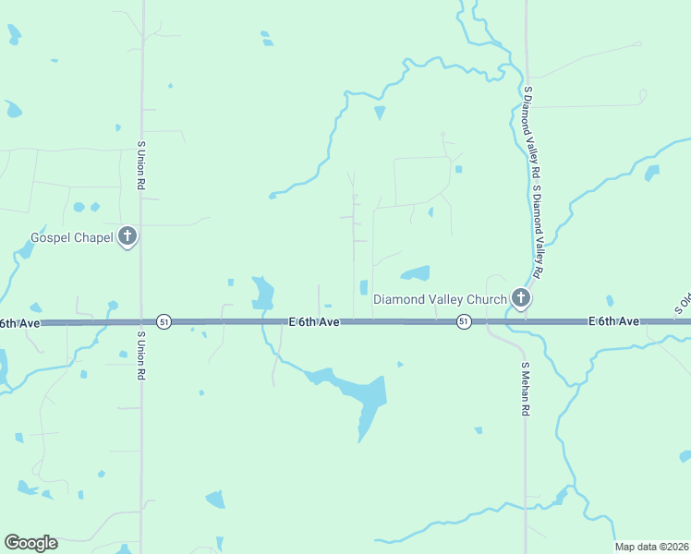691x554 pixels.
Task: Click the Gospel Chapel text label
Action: click(x=72, y=237)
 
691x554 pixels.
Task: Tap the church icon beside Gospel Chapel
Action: click(x=127, y=237)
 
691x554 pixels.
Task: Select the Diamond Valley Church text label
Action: click(x=440, y=299)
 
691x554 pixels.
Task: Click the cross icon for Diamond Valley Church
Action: click(x=521, y=298)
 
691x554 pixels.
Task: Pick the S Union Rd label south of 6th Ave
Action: click(x=141, y=357)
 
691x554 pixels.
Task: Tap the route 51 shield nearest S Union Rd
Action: click(x=164, y=321)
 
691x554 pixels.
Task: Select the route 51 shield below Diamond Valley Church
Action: click(x=464, y=321)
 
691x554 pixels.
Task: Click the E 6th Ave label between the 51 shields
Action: click(x=314, y=321)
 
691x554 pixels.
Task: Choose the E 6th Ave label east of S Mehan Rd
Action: click(x=613, y=321)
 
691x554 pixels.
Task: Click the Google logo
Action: click(x=30, y=543)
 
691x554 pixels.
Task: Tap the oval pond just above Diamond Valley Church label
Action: click(x=415, y=273)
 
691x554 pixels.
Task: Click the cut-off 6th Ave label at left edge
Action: click(x=18, y=322)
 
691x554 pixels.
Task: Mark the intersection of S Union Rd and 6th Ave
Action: click(x=141, y=322)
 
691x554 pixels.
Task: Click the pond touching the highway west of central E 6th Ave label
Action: click(x=262, y=295)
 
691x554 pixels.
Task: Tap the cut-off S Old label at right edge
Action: click(x=683, y=305)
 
